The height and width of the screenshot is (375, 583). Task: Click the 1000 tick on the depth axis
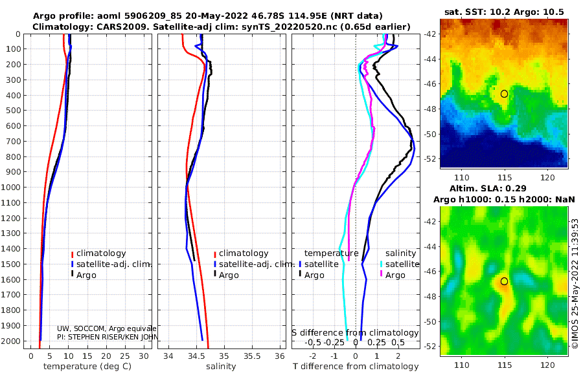click(13, 187)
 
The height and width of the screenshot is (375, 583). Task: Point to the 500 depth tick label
click(13, 111)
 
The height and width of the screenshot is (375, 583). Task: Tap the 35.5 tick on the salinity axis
click(251, 356)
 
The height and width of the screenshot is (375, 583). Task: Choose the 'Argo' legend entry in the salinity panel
click(229, 275)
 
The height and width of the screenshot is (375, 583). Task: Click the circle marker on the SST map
click(504, 94)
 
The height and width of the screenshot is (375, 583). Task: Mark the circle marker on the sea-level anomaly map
click(504, 281)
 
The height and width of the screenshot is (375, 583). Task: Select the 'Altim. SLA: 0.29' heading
click(505, 187)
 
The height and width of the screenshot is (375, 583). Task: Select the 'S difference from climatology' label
click(355, 333)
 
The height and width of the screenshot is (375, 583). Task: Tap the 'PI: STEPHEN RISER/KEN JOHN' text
click(107, 337)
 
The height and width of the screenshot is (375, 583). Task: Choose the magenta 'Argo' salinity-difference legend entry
click(395, 275)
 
